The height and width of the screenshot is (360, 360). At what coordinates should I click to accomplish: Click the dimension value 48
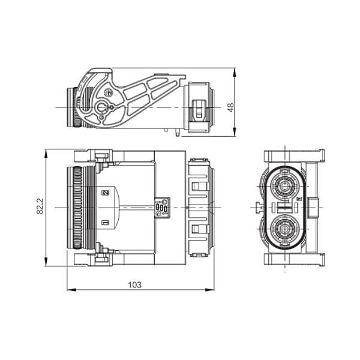tap(231, 107)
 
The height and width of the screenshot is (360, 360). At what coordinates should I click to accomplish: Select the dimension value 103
tap(135, 285)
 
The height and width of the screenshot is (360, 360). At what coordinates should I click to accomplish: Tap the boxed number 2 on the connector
tap(106, 193)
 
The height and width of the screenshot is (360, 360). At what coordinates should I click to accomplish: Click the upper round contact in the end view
tap(285, 185)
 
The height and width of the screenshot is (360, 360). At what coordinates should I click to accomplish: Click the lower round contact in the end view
tap(285, 229)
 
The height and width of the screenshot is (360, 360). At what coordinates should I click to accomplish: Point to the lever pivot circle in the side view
tap(101, 107)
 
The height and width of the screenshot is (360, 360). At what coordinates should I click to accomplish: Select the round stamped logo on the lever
tap(109, 93)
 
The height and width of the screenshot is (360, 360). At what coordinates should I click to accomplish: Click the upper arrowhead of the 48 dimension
tap(234, 73)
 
